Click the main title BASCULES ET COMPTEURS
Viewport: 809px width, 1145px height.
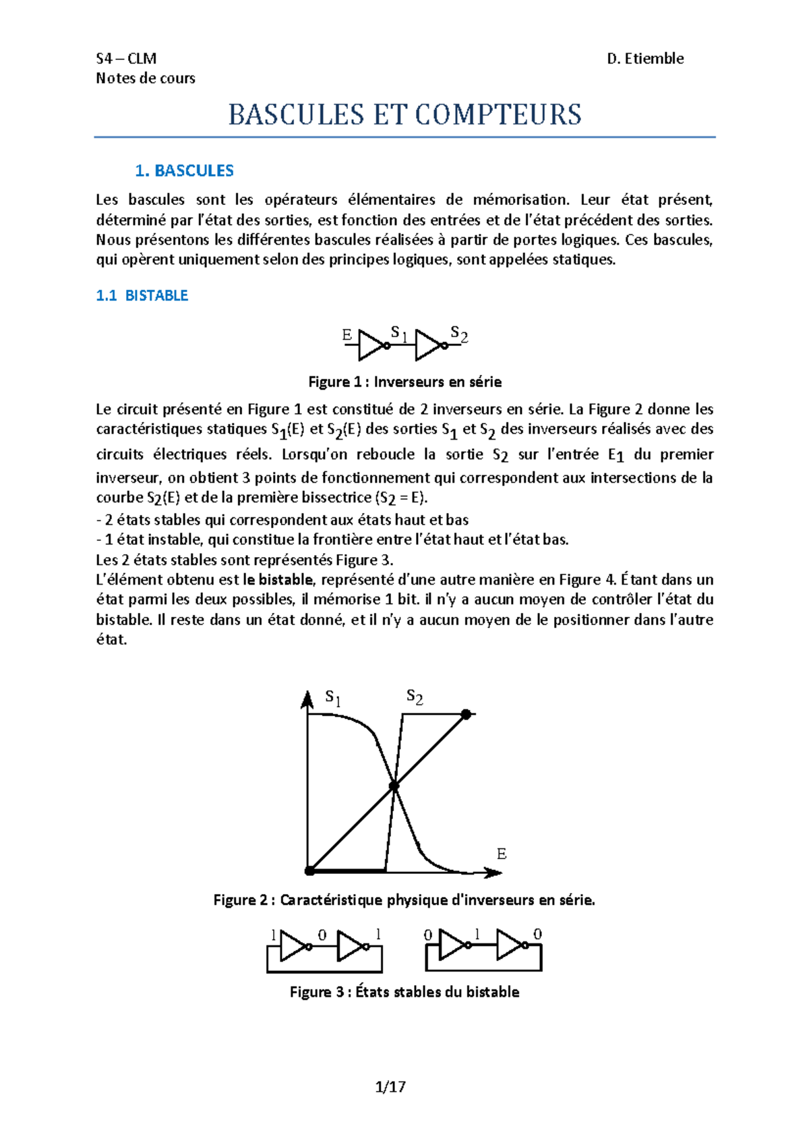(x=404, y=115)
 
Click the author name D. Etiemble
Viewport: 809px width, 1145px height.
(x=645, y=59)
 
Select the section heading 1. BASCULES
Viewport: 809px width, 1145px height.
(x=184, y=171)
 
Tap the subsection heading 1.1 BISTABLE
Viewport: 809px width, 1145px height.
(x=142, y=295)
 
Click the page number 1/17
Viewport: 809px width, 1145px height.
(x=390, y=1086)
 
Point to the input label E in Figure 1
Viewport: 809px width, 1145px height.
(x=347, y=335)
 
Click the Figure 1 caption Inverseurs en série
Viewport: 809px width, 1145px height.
(x=404, y=382)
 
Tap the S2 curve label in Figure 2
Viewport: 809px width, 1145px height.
(x=415, y=697)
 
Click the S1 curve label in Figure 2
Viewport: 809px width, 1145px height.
(x=333, y=697)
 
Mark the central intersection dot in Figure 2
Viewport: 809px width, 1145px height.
(x=394, y=786)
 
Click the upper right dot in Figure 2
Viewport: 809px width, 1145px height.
(x=466, y=714)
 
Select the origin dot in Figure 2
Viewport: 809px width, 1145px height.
(x=310, y=871)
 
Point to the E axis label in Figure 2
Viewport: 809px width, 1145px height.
(x=501, y=854)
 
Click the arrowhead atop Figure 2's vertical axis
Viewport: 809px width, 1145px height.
(x=307, y=699)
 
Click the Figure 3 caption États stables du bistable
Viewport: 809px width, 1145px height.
(x=404, y=992)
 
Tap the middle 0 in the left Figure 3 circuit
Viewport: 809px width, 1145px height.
(x=322, y=935)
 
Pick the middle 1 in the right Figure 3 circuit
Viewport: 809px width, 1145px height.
(x=478, y=934)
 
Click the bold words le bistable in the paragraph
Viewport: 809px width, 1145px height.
(x=277, y=579)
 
